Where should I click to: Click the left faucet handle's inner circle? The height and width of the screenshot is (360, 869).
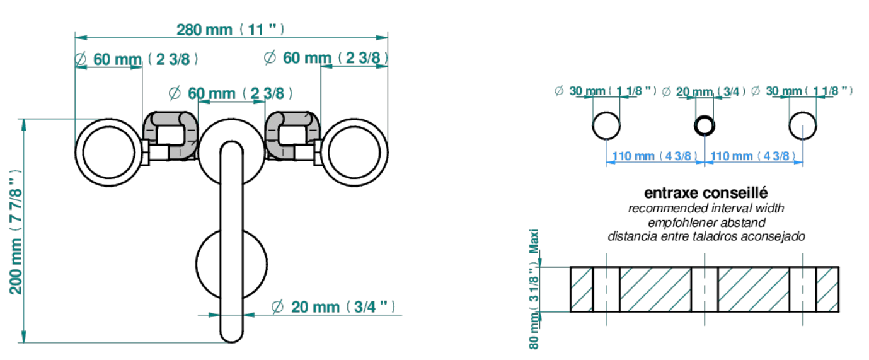(109, 153)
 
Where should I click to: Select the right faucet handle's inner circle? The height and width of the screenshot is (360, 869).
(354, 153)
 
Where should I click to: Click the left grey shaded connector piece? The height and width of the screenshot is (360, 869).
(171, 135)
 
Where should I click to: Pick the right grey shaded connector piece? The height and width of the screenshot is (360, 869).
(292, 135)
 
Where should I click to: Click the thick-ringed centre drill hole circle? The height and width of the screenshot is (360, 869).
(705, 125)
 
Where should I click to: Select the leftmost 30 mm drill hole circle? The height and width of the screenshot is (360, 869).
(606, 125)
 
